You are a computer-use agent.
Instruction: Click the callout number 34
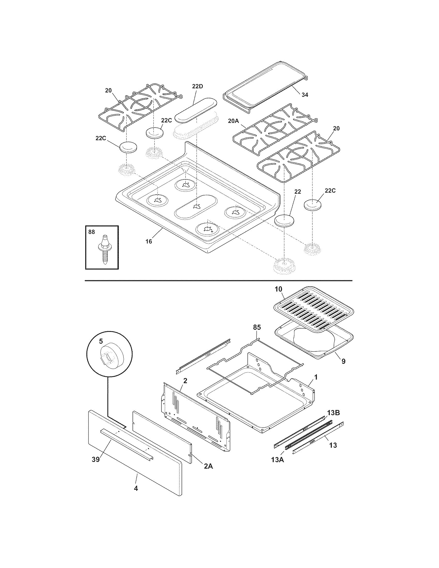tap(305, 95)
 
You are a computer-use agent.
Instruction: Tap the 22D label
tap(197, 86)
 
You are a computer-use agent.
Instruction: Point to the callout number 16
tap(148, 241)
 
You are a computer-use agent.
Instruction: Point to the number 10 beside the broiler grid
tap(278, 289)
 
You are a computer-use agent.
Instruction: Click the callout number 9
tap(343, 361)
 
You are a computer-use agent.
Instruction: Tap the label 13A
tap(277, 460)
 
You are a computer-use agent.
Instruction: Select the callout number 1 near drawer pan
tap(316, 377)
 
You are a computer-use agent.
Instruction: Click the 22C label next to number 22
tap(330, 191)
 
